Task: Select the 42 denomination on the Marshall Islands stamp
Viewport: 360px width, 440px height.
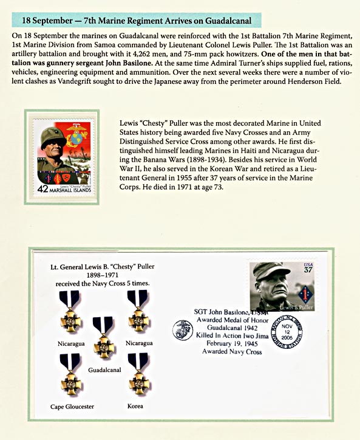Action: coord(42,189)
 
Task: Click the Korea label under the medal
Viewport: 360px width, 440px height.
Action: coord(136,405)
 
